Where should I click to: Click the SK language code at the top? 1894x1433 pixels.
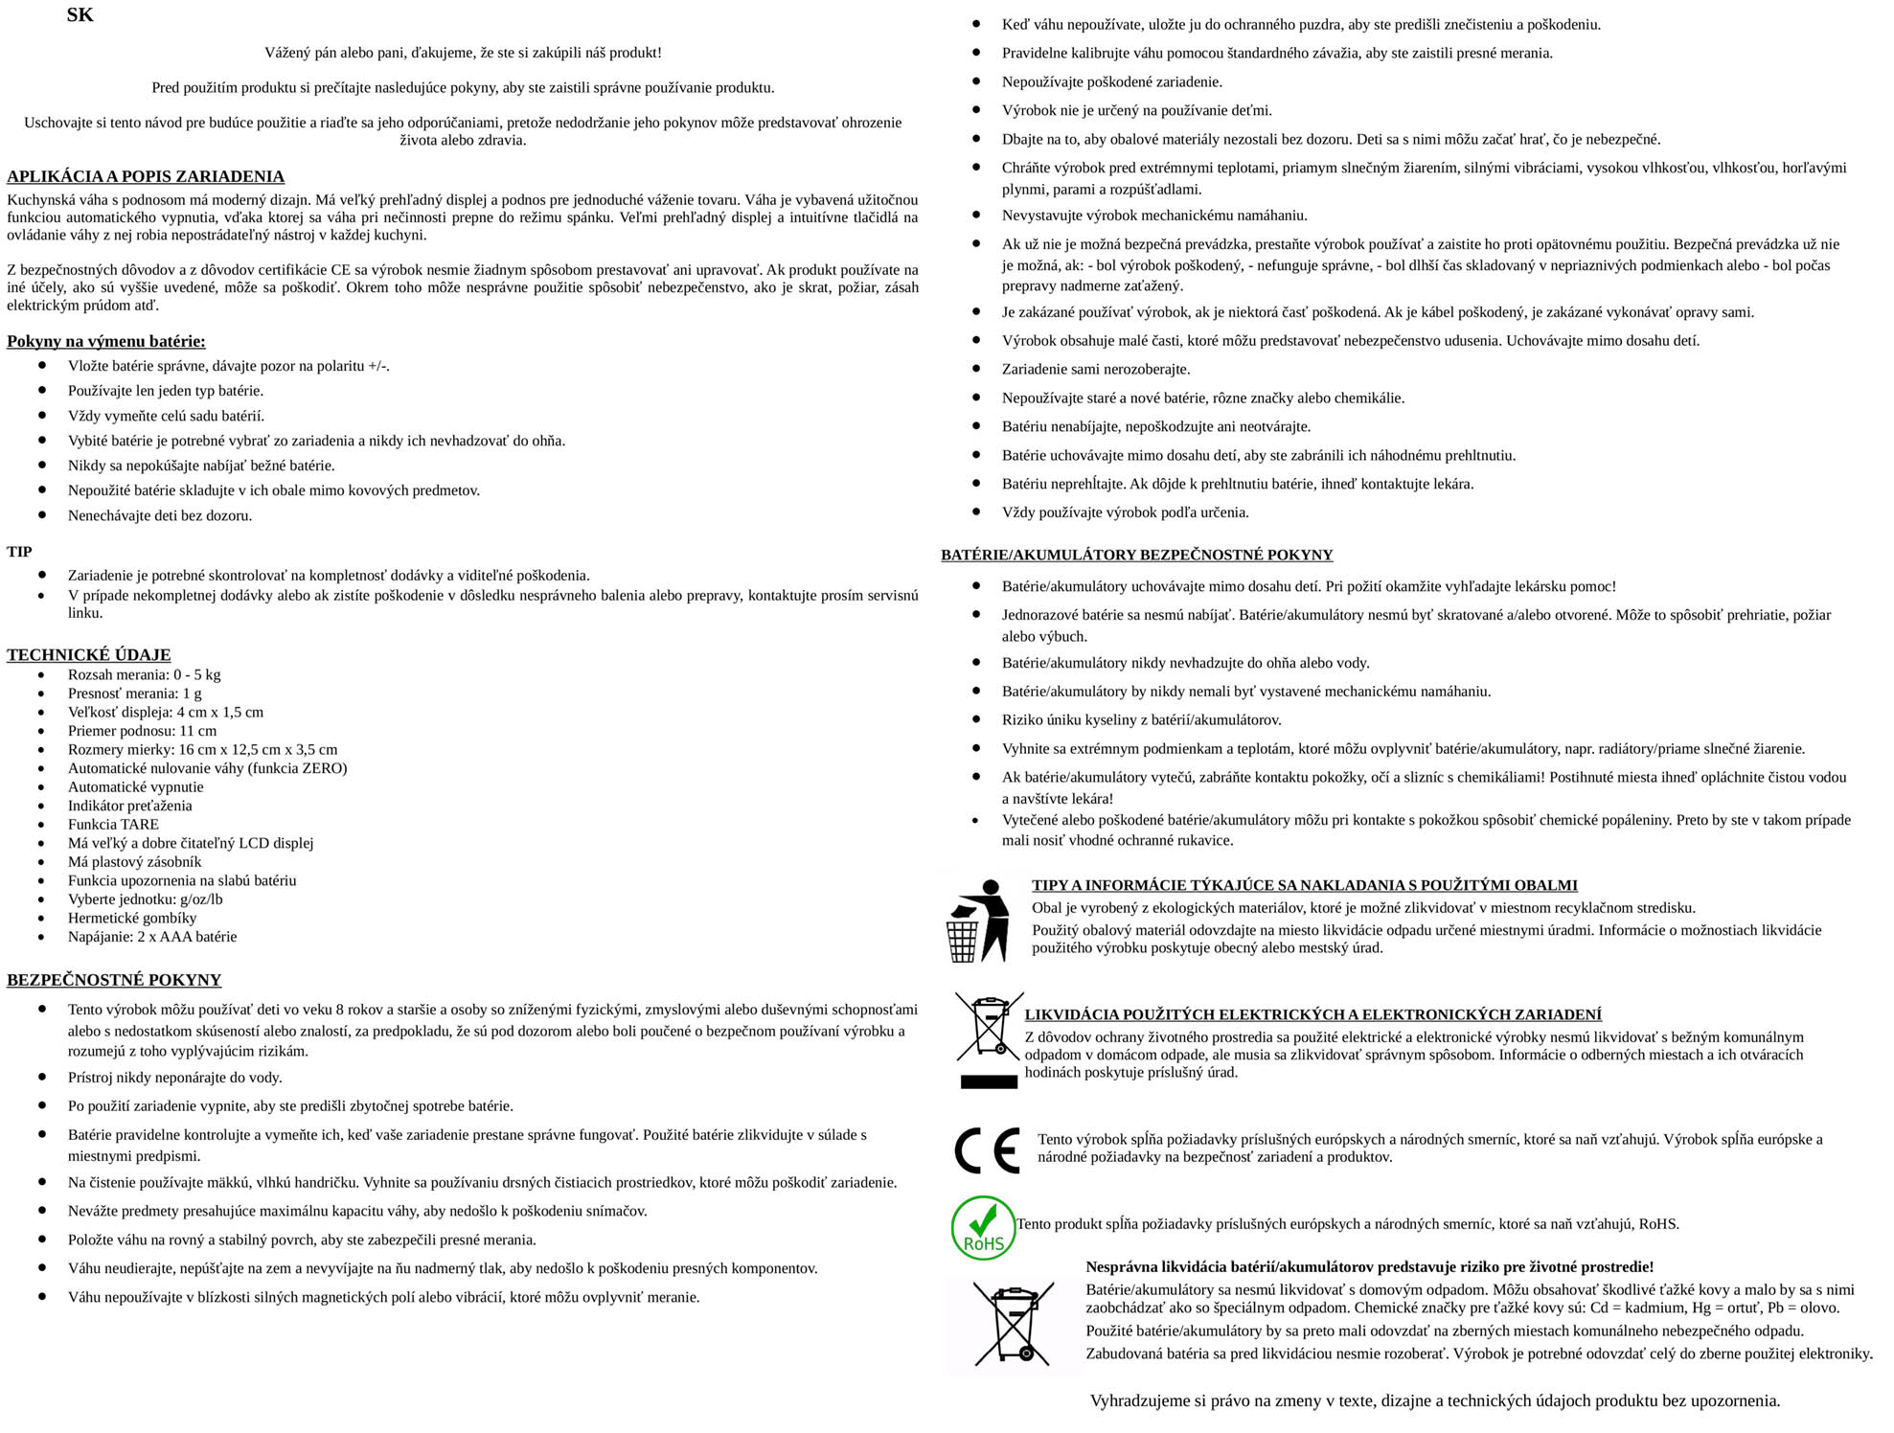coord(80,15)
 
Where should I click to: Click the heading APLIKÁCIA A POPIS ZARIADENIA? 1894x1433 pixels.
coord(146,176)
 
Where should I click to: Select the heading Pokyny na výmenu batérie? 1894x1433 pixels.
coord(105,341)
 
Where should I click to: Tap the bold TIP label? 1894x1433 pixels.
coord(19,552)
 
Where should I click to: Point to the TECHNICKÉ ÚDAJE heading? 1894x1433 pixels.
coord(89,655)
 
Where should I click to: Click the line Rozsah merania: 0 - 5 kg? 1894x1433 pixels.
coord(144,674)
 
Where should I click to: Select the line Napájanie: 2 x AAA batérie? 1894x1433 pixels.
coord(151,937)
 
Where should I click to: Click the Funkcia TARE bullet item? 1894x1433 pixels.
coord(113,824)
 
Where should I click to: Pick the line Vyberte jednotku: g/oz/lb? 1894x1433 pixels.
coord(145,899)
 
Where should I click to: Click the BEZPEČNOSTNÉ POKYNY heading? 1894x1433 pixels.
coord(114,980)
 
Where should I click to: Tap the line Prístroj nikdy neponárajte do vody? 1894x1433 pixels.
coord(174,1078)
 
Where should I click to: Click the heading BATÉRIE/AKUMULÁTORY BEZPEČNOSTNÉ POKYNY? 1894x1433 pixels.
coord(1136,555)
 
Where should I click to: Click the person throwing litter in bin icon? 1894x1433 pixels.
coord(978,921)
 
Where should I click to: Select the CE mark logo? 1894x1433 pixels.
coord(987,1150)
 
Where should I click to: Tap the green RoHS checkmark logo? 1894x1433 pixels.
coord(983,1227)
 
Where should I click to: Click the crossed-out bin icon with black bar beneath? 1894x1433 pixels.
coord(989,1040)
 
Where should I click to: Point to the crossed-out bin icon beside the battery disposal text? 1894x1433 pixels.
coord(1014,1325)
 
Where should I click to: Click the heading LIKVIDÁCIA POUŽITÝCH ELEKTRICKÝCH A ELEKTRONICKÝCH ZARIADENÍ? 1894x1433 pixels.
coord(1312,1014)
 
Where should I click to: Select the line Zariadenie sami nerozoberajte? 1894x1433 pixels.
coord(1096,369)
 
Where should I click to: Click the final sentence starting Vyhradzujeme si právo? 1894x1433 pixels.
coord(1435,1400)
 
